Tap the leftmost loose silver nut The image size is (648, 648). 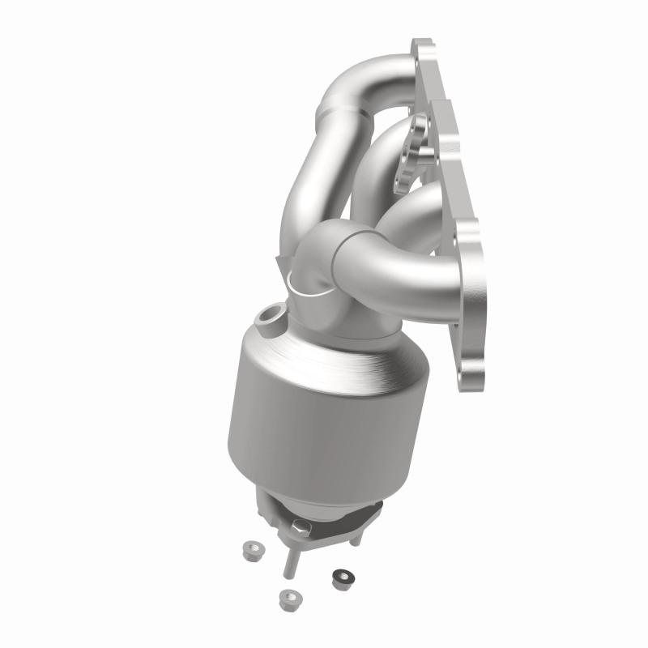click(250, 551)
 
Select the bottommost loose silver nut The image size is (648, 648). click(287, 599)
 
